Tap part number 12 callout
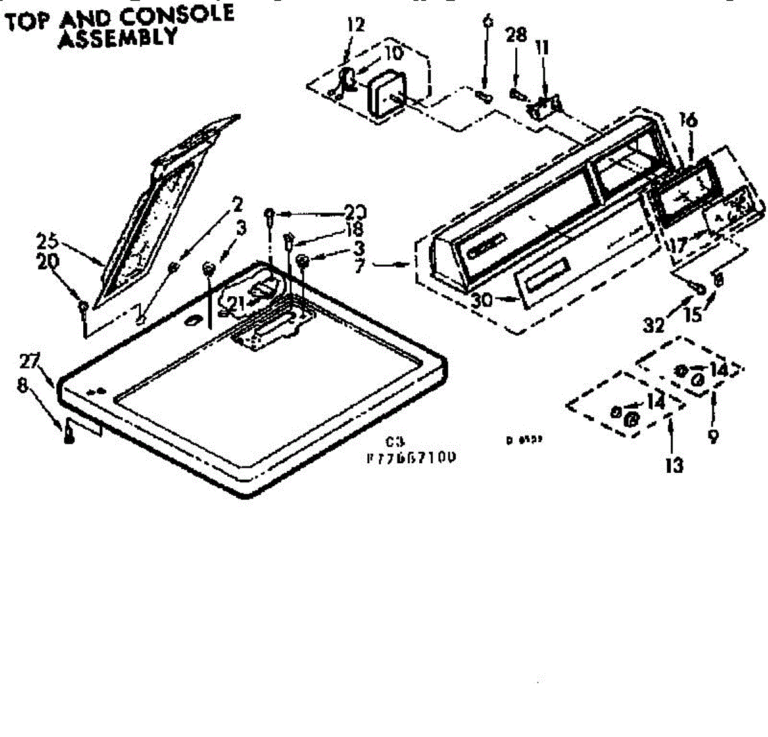click(x=355, y=25)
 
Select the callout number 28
click(x=516, y=35)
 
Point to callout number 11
click(x=542, y=47)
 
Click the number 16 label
click(x=688, y=120)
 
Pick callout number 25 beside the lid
click(x=47, y=242)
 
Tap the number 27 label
click(x=29, y=361)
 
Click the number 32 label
click(x=654, y=325)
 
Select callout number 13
click(x=674, y=464)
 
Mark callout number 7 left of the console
click(x=359, y=265)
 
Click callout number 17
click(x=678, y=244)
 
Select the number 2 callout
click(x=237, y=205)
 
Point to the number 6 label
click(x=488, y=20)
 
